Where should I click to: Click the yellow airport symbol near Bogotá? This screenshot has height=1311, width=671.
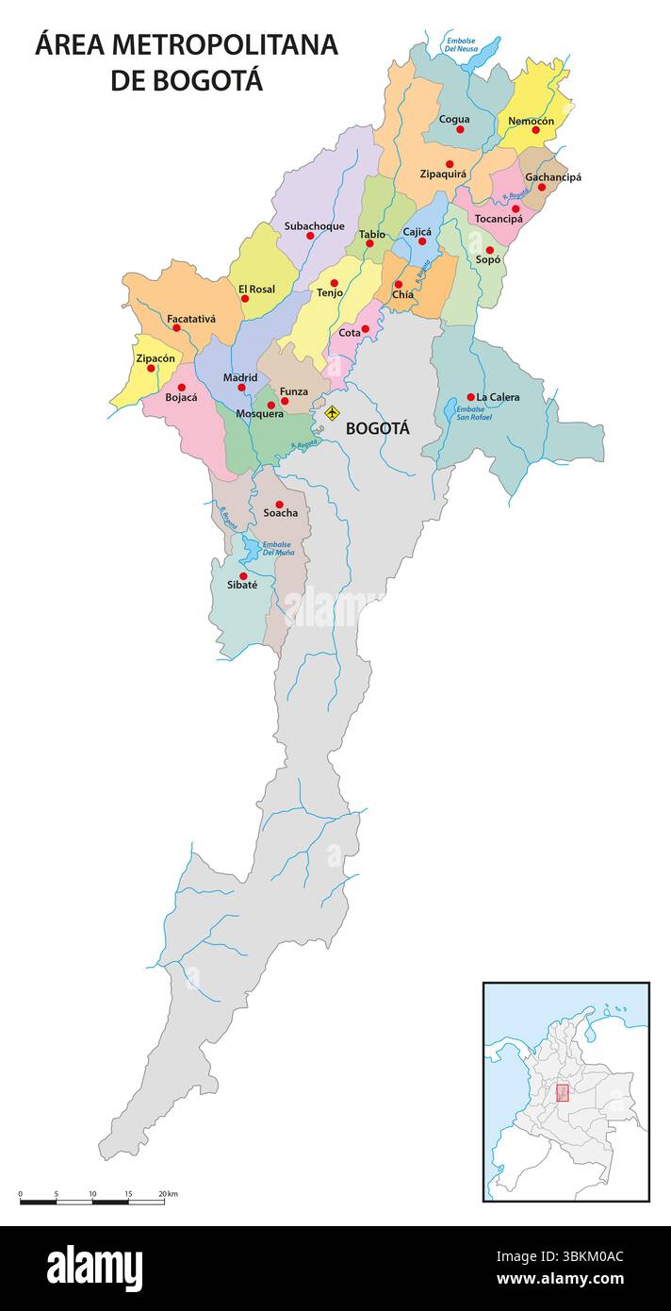click(x=332, y=413)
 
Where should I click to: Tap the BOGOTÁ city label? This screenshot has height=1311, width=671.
click(x=378, y=428)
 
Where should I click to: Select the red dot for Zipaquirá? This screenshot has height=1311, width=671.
click(x=450, y=164)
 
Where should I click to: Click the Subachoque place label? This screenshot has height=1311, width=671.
click(x=314, y=226)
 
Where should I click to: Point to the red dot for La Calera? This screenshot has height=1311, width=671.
click(x=470, y=397)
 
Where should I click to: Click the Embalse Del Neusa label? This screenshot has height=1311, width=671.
click(x=461, y=44)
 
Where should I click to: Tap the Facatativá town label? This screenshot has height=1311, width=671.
click(x=191, y=319)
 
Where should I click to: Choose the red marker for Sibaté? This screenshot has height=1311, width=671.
click(x=243, y=576)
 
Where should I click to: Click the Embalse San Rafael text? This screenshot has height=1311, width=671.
click(x=474, y=413)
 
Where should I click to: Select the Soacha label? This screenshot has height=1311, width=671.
click(x=280, y=513)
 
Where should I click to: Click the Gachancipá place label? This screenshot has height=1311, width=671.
click(x=553, y=177)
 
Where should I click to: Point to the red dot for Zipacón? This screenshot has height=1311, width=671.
click(x=151, y=368)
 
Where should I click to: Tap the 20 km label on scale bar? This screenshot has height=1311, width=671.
click(x=168, y=1194)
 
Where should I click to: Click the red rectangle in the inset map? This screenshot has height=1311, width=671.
click(x=563, y=1093)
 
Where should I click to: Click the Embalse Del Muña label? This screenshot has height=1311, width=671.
click(x=278, y=548)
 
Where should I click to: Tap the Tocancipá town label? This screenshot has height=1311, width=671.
click(x=499, y=219)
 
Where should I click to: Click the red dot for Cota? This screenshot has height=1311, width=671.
click(x=366, y=329)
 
